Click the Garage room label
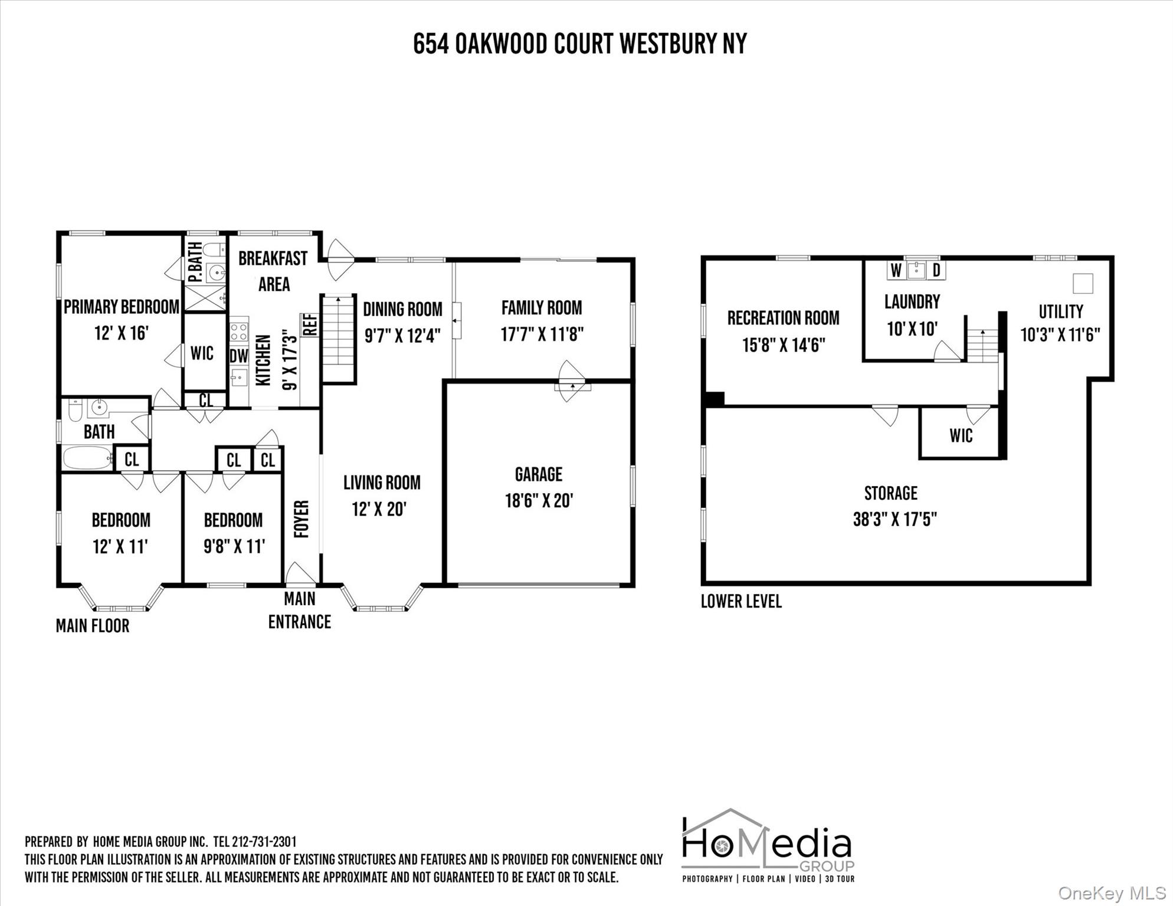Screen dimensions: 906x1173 (538, 474)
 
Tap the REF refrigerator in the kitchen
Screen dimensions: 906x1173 (310, 325)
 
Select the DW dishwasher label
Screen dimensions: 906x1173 (238, 356)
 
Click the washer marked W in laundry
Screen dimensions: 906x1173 (896, 271)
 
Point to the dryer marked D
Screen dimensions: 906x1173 (936, 271)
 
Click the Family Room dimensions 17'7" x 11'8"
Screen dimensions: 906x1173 (542, 334)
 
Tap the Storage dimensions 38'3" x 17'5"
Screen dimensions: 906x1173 (895, 519)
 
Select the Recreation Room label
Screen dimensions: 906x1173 (783, 318)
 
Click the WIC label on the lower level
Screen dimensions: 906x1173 (961, 436)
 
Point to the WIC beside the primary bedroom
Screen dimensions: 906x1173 (202, 353)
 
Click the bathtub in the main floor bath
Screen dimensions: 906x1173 (87, 457)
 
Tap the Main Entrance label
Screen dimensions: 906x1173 (299, 610)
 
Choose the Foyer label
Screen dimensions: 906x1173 (302, 519)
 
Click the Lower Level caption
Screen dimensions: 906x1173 (741, 602)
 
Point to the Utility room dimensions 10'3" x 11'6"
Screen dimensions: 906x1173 (1060, 335)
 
